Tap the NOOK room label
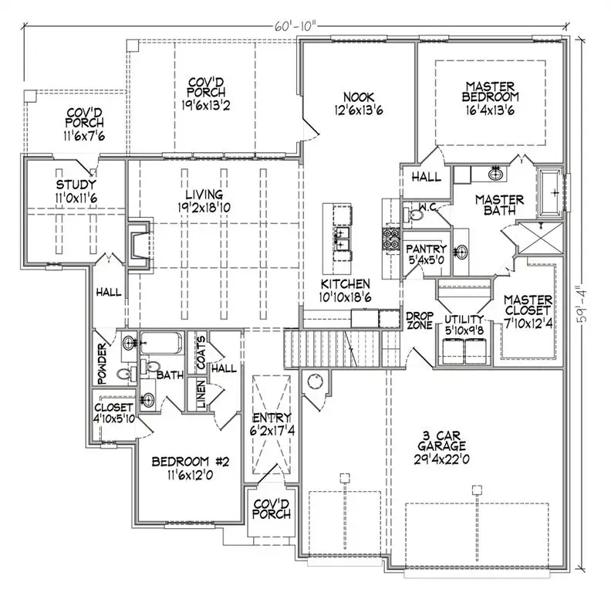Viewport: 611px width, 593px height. click(x=359, y=97)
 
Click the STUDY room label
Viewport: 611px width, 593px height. click(x=76, y=185)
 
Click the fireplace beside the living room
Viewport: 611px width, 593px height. click(x=138, y=246)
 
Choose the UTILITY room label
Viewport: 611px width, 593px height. click(x=464, y=318)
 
